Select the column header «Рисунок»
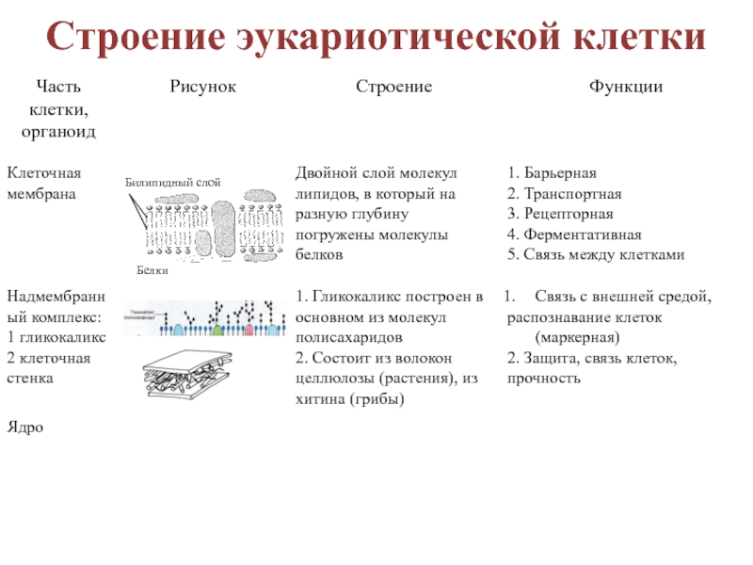tap(202, 87)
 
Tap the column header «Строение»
tap(393, 87)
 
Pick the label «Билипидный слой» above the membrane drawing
tap(173, 181)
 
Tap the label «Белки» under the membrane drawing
tap(152, 270)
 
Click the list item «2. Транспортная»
tap(564, 194)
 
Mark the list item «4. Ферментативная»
tap(573, 234)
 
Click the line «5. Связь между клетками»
tap(595, 255)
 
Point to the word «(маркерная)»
tap(576, 337)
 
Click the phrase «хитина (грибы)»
tap(349, 398)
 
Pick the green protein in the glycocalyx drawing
tap(218, 330)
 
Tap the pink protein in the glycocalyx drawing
tap(248, 330)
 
